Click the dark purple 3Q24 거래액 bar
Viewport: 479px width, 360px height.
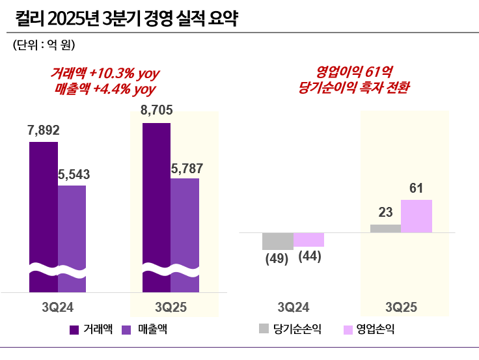[x=44, y=208]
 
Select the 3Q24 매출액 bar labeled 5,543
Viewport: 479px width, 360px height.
[x=72, y=228]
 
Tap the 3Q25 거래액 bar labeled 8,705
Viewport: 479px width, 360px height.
[x=156, y=195]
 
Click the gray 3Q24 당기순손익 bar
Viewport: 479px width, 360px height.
[x=278, y=241]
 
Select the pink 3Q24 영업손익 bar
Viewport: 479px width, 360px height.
[x=308, y=240]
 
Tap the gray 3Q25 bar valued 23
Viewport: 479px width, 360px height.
[x=385, y=228]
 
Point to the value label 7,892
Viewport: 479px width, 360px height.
[x=43, y=130]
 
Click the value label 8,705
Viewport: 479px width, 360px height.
[x=156, y=111]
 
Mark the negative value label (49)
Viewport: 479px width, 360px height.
[x=277, y=257]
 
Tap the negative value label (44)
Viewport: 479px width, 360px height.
[x=309, y=256]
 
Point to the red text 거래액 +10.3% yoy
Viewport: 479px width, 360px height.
[x=105, y=72]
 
